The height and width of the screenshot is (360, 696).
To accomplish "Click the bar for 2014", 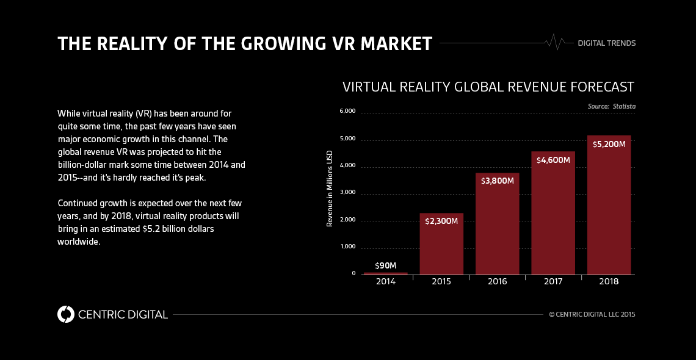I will pos(385,273).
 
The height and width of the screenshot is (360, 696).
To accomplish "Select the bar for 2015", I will pos(441,244).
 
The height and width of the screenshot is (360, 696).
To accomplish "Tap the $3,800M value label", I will pos(497,181).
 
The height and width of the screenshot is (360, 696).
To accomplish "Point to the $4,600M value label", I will pos(553,160).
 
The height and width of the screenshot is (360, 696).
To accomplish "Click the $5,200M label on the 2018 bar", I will pos(609,144).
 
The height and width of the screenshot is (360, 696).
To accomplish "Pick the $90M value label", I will pos(385,265).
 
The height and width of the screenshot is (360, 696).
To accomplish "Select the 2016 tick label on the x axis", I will pos(497,282).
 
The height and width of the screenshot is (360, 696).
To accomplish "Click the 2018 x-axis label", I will pos(609,282).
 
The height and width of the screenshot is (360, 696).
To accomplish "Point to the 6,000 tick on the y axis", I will pos(347,111).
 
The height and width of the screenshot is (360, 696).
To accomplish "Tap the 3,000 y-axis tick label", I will pos(347,192).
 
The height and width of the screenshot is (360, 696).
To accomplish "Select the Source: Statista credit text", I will pos(611,106).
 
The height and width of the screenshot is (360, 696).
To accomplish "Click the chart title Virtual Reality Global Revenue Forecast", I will pos(488,87).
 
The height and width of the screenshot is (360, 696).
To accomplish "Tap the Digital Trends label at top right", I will pos(606,43).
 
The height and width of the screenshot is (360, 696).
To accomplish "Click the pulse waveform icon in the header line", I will pos(554,42).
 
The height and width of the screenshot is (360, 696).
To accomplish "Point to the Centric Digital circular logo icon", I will pos(65,314).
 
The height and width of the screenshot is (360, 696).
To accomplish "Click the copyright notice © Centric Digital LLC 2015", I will pos(592,315).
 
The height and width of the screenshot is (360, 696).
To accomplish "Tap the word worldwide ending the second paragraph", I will pos(78,242).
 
